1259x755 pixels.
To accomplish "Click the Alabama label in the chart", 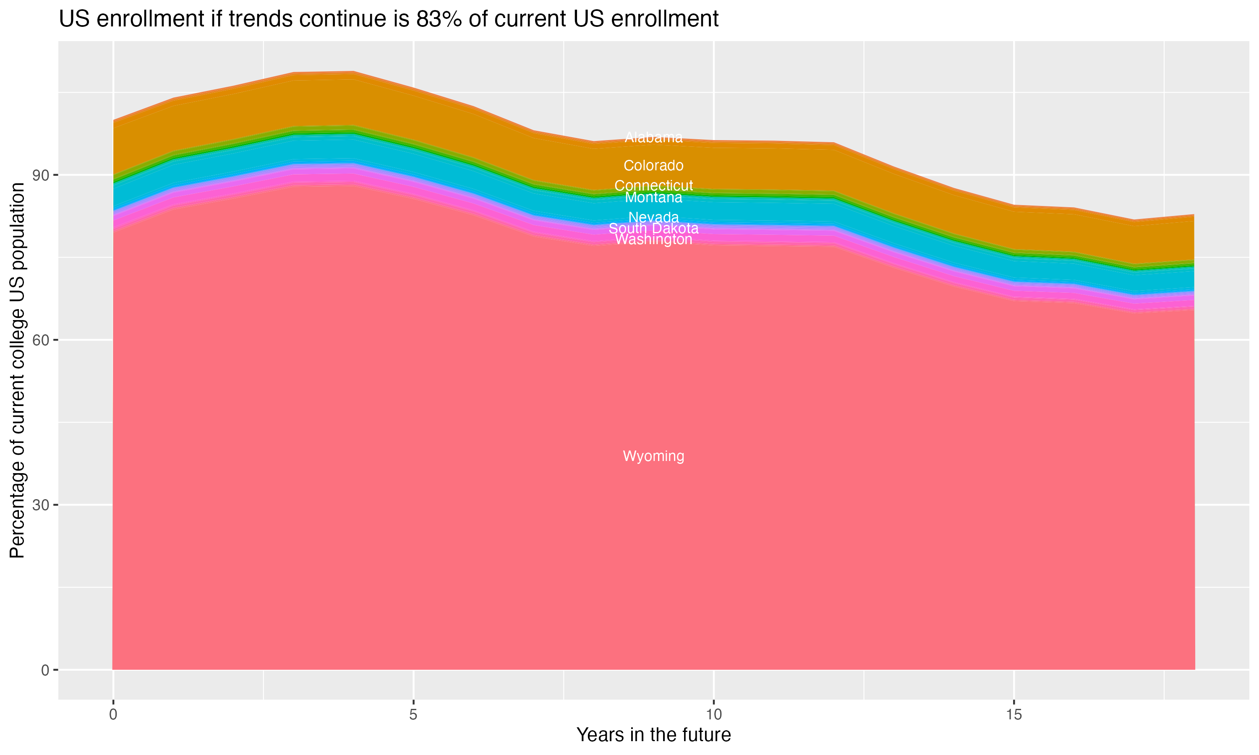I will click(x=653, y=137).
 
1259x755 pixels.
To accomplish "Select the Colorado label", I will click(x=653, y=165).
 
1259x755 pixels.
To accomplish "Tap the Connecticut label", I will click(x=653, y=186).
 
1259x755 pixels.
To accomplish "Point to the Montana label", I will click(x=653, y=198).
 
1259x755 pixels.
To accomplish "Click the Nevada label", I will click(x=653, y=217).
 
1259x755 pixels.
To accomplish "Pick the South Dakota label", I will click(x=653, y=229).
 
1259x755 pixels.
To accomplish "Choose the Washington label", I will click(x=653, y=240).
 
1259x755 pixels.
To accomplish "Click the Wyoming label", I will click(x=653, y=456).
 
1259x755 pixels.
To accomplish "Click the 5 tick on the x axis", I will click(x=413, y=715).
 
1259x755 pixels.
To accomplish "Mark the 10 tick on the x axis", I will click(x=713, y=715).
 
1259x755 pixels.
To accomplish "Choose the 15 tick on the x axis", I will click(x=1014, y=715).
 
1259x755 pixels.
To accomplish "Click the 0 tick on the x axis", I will click(x=113, y=715).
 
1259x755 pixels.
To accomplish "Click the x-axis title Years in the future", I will click(x=653, y=735).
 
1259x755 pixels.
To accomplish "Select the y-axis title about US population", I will click(x=17, y=370).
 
